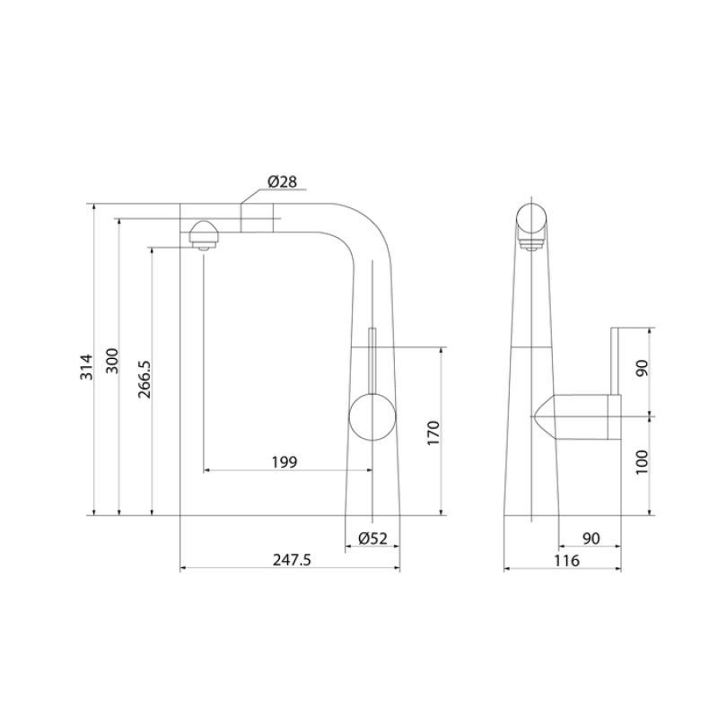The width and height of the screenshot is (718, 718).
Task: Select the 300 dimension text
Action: coord(112,361)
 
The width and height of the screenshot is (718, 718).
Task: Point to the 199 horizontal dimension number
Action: coord(284,462)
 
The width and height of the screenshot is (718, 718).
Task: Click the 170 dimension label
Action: coord(433,433)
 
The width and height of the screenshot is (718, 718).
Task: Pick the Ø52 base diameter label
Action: coord(372,538)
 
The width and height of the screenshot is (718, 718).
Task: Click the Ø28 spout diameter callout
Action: coord(282,182)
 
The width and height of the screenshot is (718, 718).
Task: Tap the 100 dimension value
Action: coord(640,462)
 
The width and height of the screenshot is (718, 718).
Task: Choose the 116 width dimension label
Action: coord(566,561)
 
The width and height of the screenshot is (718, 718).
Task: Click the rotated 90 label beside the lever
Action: coord(640,370)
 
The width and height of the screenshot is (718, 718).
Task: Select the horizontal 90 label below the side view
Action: coord(591,538)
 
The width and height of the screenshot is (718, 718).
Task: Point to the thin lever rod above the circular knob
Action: coord(372,359)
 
